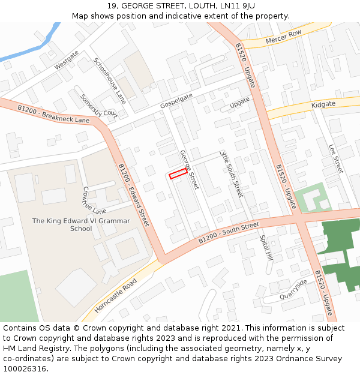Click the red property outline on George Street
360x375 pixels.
(x=177, y=175)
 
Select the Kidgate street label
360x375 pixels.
(x=323, y=104)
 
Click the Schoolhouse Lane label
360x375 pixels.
(x=110, y=80)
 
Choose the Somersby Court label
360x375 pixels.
(x=98, y=105)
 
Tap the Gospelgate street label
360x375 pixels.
(x=176, y=101)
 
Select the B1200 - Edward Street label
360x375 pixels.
(x=133, y=195)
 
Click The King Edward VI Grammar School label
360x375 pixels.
(x=81, y=224)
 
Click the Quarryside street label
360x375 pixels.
(x=293, y=290)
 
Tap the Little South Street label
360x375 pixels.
(x=231, y=174)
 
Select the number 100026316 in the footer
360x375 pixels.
(x=25, y=369)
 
